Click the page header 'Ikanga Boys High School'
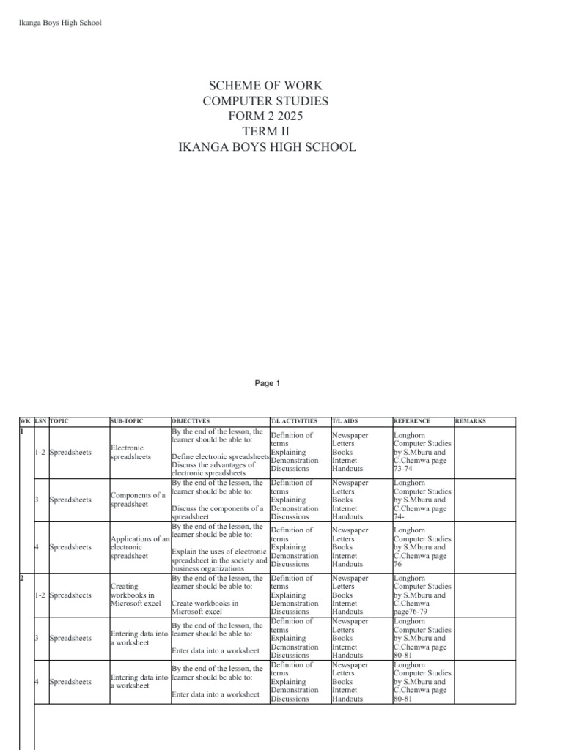tap(59, 23)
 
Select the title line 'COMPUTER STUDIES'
tap(266, 101)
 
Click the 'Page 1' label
tap(268, 383)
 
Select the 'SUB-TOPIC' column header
tap(127, 421)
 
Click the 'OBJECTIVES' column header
tap(191, 421)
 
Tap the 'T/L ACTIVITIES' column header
tap(294, 421)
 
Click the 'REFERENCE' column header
tap(412, 421)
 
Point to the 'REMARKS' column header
tap(470, 421)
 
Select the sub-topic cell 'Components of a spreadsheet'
tap(138, 500)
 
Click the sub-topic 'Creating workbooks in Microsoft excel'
tap(135, 595)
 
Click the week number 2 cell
tap(22, 579)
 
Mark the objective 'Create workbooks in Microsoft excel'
tap(205, 607)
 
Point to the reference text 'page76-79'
tap(412, 612)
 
